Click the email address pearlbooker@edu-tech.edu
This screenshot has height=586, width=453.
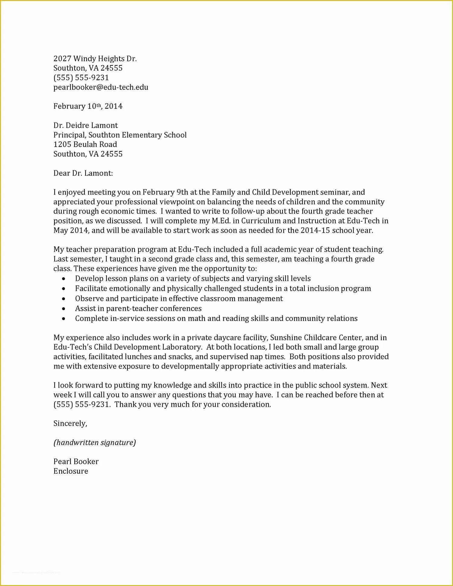(101, 87)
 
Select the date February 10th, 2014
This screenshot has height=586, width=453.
(88, 106)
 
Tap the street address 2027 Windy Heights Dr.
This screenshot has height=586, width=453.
(95, 59)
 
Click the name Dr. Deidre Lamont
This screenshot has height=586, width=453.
(85, 125)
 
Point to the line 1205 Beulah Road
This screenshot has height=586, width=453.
(85, 144)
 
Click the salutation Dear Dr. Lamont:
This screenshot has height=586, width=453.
(83, 173)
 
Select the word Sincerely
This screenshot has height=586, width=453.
(70, 423)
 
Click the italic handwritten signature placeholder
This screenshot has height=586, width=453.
(95, 443)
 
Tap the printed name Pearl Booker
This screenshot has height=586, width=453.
(76, 462)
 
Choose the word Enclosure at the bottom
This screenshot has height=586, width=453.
(71, 471)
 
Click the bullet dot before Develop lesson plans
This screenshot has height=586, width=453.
(63, 279)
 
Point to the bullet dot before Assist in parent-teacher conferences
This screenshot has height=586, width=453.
(63, 309)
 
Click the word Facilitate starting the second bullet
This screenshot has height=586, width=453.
(91, 289)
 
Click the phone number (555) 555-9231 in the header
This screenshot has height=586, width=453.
(81, 78)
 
